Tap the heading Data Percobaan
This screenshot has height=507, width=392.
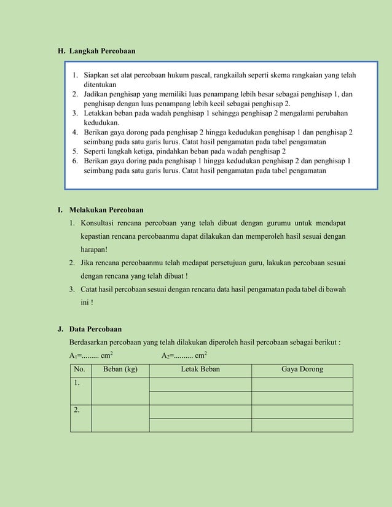pos(95,329)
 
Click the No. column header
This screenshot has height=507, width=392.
pos(80,370)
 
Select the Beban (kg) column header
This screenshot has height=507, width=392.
pos(120,370)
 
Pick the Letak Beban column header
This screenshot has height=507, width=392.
pos(200,370)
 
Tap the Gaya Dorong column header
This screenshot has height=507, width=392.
pos(302,370)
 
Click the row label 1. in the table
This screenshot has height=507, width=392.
pos(77,383)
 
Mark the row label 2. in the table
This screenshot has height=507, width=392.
pos(77,410)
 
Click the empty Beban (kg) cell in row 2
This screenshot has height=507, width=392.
pos(120,418)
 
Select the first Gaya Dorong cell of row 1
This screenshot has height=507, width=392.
pos(302,384)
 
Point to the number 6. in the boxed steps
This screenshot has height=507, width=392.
pos(75,161)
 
